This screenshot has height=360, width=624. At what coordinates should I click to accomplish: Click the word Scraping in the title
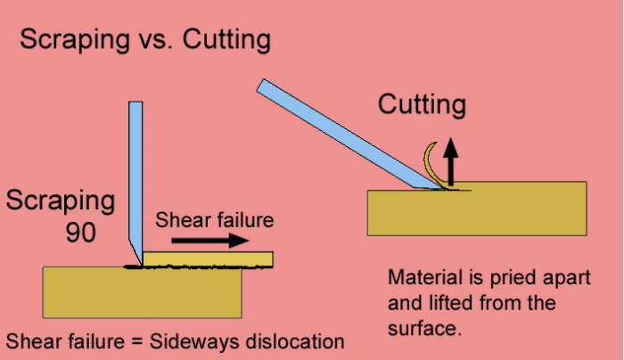point(70,41)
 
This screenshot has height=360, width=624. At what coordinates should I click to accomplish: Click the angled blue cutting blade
point(339,134)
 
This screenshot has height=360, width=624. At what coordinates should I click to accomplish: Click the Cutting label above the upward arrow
point(422,106)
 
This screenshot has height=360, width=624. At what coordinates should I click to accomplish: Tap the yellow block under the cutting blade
point(477,208)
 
